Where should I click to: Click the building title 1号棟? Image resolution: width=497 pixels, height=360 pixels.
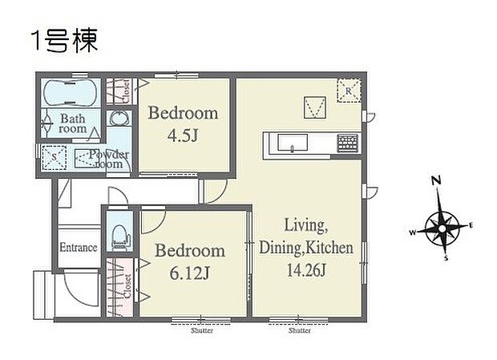tap(64, 40)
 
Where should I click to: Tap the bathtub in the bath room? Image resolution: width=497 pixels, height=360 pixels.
tap(70, 93)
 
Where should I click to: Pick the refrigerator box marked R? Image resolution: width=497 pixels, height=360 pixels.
tap(349, 90)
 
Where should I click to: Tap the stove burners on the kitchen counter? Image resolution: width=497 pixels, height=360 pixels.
tap(347, 144)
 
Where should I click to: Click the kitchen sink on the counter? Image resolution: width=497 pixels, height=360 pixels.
tap(293, 144)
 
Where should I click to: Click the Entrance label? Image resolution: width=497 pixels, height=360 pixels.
tap(79, 248)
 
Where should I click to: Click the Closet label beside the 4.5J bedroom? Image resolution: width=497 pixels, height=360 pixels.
tap(127, 91)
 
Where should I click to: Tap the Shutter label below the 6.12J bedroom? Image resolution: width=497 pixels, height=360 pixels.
tap(201, 330)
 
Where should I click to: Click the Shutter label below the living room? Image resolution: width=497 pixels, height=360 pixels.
tap(299, 330)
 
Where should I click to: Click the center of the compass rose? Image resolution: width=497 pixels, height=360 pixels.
tap(440, 227)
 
